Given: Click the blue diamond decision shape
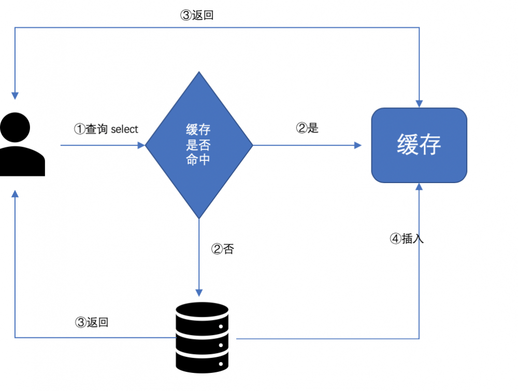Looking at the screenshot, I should pos(199,145).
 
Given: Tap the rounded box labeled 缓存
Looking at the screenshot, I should pos(419,145).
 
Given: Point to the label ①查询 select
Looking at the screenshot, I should pos(106,129).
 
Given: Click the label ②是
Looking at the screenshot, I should pos(307,128).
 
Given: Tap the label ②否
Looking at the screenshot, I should pos(223,249).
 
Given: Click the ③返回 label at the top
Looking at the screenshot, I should pos(197,15).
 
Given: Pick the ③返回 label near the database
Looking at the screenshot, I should pos(92,322).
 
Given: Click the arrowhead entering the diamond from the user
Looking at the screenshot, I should pos(141,146).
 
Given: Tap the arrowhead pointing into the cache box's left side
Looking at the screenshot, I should pos(358,146).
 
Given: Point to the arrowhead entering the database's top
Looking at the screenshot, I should pos(199,293).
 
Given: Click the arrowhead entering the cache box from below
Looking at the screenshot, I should pos(419,187).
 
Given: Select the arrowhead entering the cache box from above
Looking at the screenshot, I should pos(419,103).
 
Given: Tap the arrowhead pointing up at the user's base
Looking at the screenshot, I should pos(15,193).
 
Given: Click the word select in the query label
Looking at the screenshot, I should pos(125,129).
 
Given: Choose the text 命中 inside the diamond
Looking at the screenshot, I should pos(198,160).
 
